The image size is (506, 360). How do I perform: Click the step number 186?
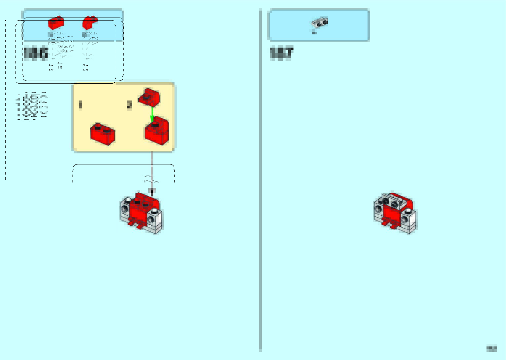point(35,54)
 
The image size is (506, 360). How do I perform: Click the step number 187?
point(281,53)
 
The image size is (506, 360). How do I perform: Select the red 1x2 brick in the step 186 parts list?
point(56,23)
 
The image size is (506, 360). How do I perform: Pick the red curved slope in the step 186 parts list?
point(90,22)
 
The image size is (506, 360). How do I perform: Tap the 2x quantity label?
point(85,68)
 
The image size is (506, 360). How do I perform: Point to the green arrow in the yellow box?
point(152,114)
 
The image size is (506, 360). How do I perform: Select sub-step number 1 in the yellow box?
point(80,105)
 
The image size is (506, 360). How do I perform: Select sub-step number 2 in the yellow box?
point(129,105)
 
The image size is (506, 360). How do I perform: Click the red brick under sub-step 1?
point(103,134)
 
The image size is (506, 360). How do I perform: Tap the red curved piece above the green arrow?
point(149,97)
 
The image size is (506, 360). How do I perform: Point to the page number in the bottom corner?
point(491,348)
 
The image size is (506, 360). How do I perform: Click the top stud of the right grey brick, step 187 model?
point(408,211)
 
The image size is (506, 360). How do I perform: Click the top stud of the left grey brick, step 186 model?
point(127,200)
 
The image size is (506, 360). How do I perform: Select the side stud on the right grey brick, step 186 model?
point(151,220)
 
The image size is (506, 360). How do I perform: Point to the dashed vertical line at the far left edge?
point(6,99)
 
